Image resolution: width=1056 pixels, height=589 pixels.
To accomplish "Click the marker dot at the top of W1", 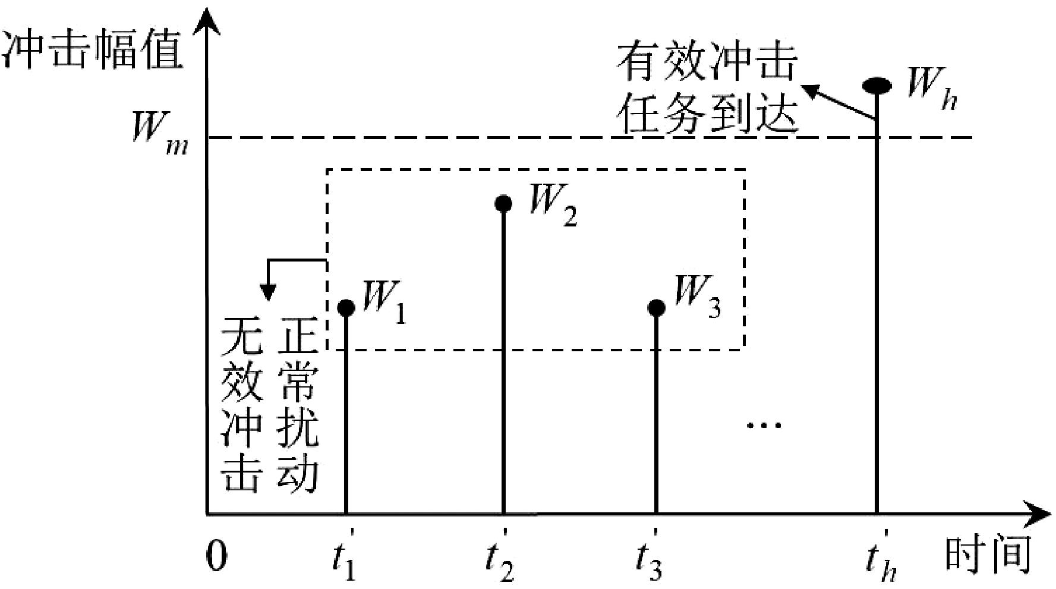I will click(x=346, y=307).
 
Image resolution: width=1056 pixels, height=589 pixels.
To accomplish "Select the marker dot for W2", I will click(x=503, y=204).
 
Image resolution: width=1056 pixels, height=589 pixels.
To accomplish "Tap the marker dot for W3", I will click(x=656, y=307).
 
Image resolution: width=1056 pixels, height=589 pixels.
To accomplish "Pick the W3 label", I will click(x=697, y=297).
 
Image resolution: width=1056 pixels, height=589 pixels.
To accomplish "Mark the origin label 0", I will click(x=217, y=557).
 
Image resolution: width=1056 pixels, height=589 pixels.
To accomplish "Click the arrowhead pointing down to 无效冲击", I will click(x=269, y=292).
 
